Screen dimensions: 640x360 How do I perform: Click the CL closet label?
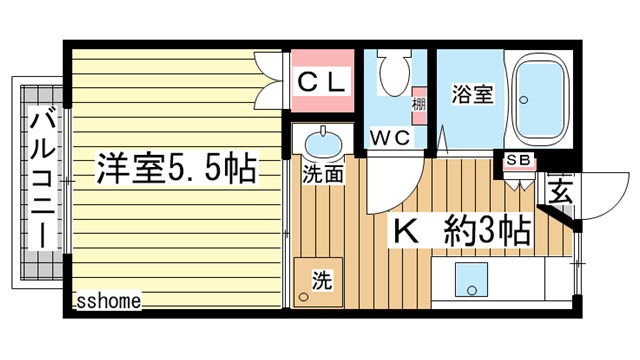tap(322, 82)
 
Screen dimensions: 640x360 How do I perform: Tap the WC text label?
tap(390, 138)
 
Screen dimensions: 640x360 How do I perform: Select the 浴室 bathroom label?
tap(473, 94)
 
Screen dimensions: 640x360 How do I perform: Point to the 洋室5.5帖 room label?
tap(177, 168)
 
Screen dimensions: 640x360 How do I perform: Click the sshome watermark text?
tap(109, 301)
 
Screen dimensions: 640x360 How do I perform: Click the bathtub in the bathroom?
tap(538, 100)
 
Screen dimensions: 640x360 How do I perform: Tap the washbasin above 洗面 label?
tap(323, 144)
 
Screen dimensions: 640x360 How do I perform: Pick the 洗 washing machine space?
tap(318, 282)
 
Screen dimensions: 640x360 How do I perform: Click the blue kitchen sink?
tap(471, 280)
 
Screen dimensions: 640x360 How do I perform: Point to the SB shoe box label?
tap(519, 160)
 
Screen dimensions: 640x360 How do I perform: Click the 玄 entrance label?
tap(560, 191)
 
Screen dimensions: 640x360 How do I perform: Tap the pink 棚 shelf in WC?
tap(419, 105)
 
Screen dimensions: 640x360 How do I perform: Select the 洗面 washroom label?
tap(323, 174)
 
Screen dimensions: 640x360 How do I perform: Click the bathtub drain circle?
tap(524, 100)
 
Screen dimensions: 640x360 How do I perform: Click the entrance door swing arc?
tap(616, 203)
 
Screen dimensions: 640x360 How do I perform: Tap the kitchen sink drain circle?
tap(472, 290)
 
